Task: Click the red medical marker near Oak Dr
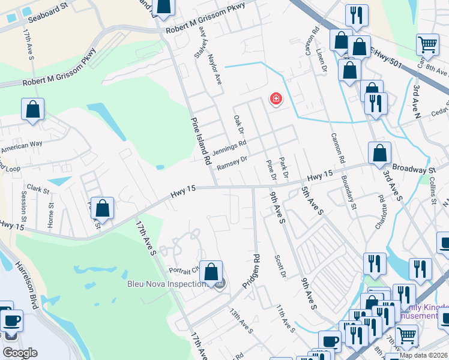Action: (276, 98)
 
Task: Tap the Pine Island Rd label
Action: (200, 142)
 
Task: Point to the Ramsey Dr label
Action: (232, 163)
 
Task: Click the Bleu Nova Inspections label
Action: (166, 283)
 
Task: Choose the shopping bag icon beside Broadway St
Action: (380, 154)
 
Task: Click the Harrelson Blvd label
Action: (27, 285)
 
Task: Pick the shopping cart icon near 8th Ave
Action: (427, 44)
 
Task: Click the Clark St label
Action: (37, 189)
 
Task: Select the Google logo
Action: (20, 353)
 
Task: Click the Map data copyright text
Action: (423, 355)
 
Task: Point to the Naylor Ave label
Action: (215, 67)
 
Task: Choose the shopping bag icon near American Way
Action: (33, 110)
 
